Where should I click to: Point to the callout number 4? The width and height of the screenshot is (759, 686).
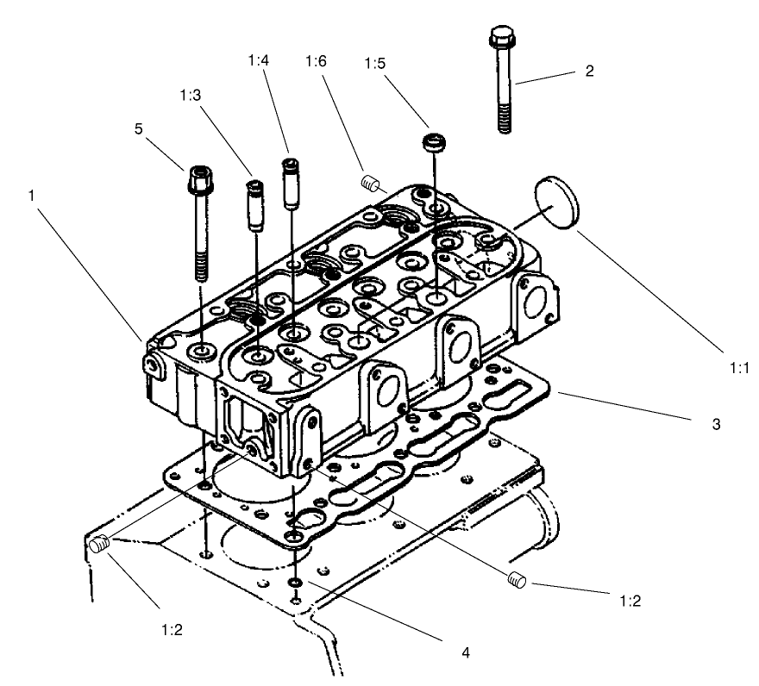[x=466, y=652]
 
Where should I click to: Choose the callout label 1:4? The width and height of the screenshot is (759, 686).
[x=257, y=61]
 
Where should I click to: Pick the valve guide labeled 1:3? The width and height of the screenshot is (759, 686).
[x=256, y=203]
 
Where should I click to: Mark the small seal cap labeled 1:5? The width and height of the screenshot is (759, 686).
[x=432, y=141]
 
